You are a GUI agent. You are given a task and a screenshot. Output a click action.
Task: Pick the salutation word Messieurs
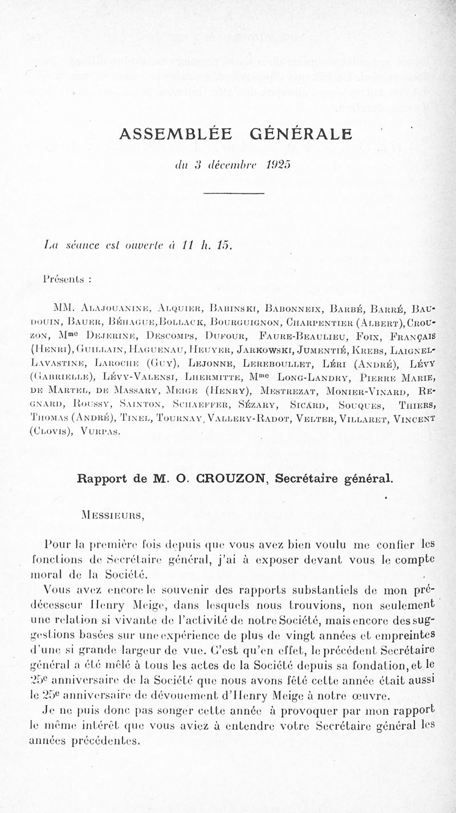pos(112,517)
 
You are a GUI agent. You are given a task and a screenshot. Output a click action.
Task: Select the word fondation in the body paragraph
pos(340,664)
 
